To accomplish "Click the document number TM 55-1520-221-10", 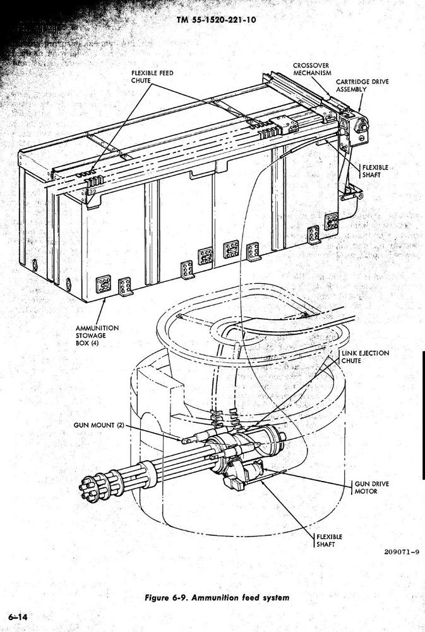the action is point(216,20).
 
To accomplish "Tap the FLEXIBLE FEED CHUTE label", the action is point(152,76).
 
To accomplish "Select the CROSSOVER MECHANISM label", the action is point(312,69).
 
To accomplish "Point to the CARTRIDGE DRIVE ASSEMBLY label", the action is point(362,85).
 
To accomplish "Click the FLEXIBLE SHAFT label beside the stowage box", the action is point(375,171).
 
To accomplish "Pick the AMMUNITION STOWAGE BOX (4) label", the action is point(97,336).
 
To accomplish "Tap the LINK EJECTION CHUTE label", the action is point(366,356).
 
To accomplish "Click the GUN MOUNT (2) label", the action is point(99,425).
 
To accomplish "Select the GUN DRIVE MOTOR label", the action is point(371,487).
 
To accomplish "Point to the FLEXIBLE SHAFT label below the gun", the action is point(329,540).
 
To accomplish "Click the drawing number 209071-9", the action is point(402,552).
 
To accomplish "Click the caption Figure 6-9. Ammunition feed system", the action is point(217,597).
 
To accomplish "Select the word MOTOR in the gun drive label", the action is point(366,491).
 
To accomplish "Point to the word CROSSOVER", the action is point(311,65).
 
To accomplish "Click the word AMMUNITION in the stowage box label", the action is point(97,328).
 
